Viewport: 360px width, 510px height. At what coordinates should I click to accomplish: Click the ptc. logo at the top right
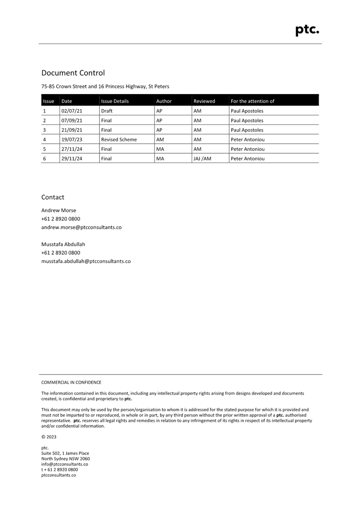click(x=307, y=30)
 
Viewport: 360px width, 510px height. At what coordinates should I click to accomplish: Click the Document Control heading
click(x=73, y=73)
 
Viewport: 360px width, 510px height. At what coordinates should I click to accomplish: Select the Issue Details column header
click(x=115, y=101)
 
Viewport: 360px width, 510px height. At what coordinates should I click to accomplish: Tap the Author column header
click(x=164, y=101)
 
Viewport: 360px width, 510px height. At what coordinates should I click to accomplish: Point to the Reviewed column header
click(x=204, y=101)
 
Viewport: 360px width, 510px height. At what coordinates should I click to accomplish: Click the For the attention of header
click(x=253, y=101)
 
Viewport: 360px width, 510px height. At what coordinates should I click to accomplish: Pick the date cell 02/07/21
click(x=72, y=111)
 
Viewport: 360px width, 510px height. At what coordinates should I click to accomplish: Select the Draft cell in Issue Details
click(x=107, y=111)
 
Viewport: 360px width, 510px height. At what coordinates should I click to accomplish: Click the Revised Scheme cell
click(x=119, y=140)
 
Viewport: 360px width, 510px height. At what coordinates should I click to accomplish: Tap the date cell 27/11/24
click(x=72, y=149)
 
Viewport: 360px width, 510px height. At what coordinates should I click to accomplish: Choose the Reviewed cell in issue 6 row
click(x=203, y=158)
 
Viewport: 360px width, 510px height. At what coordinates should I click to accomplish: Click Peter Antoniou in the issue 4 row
click(x=248, y=140)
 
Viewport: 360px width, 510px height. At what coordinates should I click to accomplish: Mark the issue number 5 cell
click(x=44, y=149)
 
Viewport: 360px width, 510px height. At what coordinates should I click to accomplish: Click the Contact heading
click(x=53, y=197)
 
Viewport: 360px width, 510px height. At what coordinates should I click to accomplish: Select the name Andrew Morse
click(x=59, y=210)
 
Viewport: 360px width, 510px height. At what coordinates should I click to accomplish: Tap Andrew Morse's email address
click(x=81, y=227)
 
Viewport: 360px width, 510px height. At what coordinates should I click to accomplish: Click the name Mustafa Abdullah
click(x=63, y=244)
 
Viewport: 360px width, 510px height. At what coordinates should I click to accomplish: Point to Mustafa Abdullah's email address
click(x=86, y=261)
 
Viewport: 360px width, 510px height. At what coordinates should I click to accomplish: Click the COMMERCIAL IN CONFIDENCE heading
click(x=71, y=382)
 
